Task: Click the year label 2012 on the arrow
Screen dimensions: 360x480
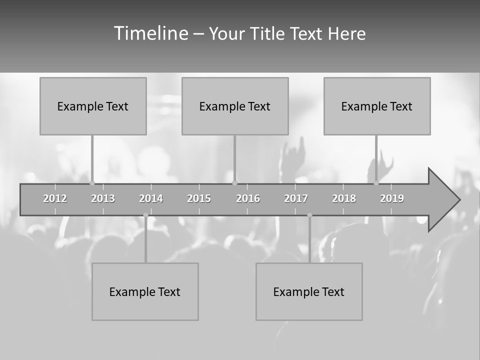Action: click(x=55, y=198)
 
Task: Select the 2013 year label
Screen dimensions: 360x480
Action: click(x=103, y=198)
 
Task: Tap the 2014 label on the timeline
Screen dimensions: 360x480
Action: click(x=151, y=198)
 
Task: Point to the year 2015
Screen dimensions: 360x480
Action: click(x=199, y=198)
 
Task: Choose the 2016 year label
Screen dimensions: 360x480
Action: click(x=248, y=198)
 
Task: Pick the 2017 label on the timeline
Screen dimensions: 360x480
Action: click(x=296, y=198)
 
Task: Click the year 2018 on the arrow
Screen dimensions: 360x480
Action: click(x=344, y=198)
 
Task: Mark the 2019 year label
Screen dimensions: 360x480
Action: click(x=392, y=198)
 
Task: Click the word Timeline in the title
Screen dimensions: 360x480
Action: click(x=150, y=33)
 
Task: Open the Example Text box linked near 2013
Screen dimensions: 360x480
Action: click(x=93, y=106)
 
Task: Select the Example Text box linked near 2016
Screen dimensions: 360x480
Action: click(x=235, y=106)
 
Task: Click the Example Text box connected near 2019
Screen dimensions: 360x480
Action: click(x=377, y=106)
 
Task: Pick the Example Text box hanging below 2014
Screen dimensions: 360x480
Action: click(x=145, y=291)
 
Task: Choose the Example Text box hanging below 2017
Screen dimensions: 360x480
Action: click(x=309, y=291)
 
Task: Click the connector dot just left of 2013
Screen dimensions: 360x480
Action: click(x=92, y=183)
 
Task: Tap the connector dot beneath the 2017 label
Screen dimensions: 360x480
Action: click(x=309, y=215)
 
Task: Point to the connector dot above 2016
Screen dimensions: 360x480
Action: click(x=234, y=183)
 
